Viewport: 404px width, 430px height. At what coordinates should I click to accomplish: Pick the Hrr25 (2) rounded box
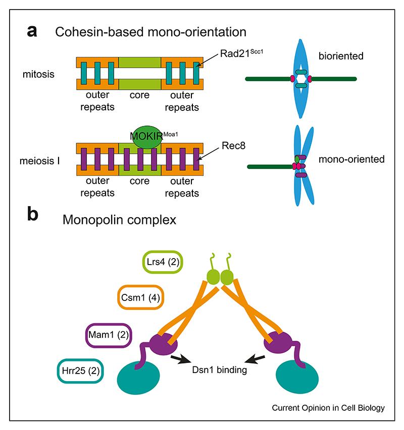[80, 371]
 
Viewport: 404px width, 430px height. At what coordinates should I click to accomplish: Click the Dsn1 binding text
[222, 371]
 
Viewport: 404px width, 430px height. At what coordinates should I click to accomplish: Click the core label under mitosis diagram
[139, 95]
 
